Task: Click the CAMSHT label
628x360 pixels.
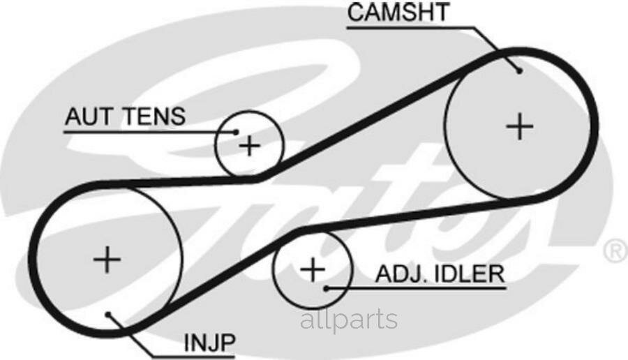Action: [398, 12]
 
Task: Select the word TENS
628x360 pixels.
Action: [154, 117]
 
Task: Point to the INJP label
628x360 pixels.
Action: [210, 343]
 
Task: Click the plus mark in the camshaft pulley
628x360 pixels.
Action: [520, 126]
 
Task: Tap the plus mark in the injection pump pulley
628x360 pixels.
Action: [107, 260]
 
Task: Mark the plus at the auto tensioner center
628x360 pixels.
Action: [250, 145]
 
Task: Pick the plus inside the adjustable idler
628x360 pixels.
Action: [313, 269]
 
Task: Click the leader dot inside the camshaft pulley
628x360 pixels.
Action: [520, 71]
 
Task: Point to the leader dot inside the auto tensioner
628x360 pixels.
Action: [237, 132]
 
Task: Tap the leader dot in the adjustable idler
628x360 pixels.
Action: [327, 288]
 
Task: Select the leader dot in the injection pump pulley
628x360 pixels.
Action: [107, 315]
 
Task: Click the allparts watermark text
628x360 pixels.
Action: [349, 319]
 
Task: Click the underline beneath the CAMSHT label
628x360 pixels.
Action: [411, 28]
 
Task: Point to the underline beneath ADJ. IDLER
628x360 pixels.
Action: [416, 288]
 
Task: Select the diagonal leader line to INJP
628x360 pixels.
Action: [130, 336]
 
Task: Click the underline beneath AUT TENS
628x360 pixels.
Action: [150, 132]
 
